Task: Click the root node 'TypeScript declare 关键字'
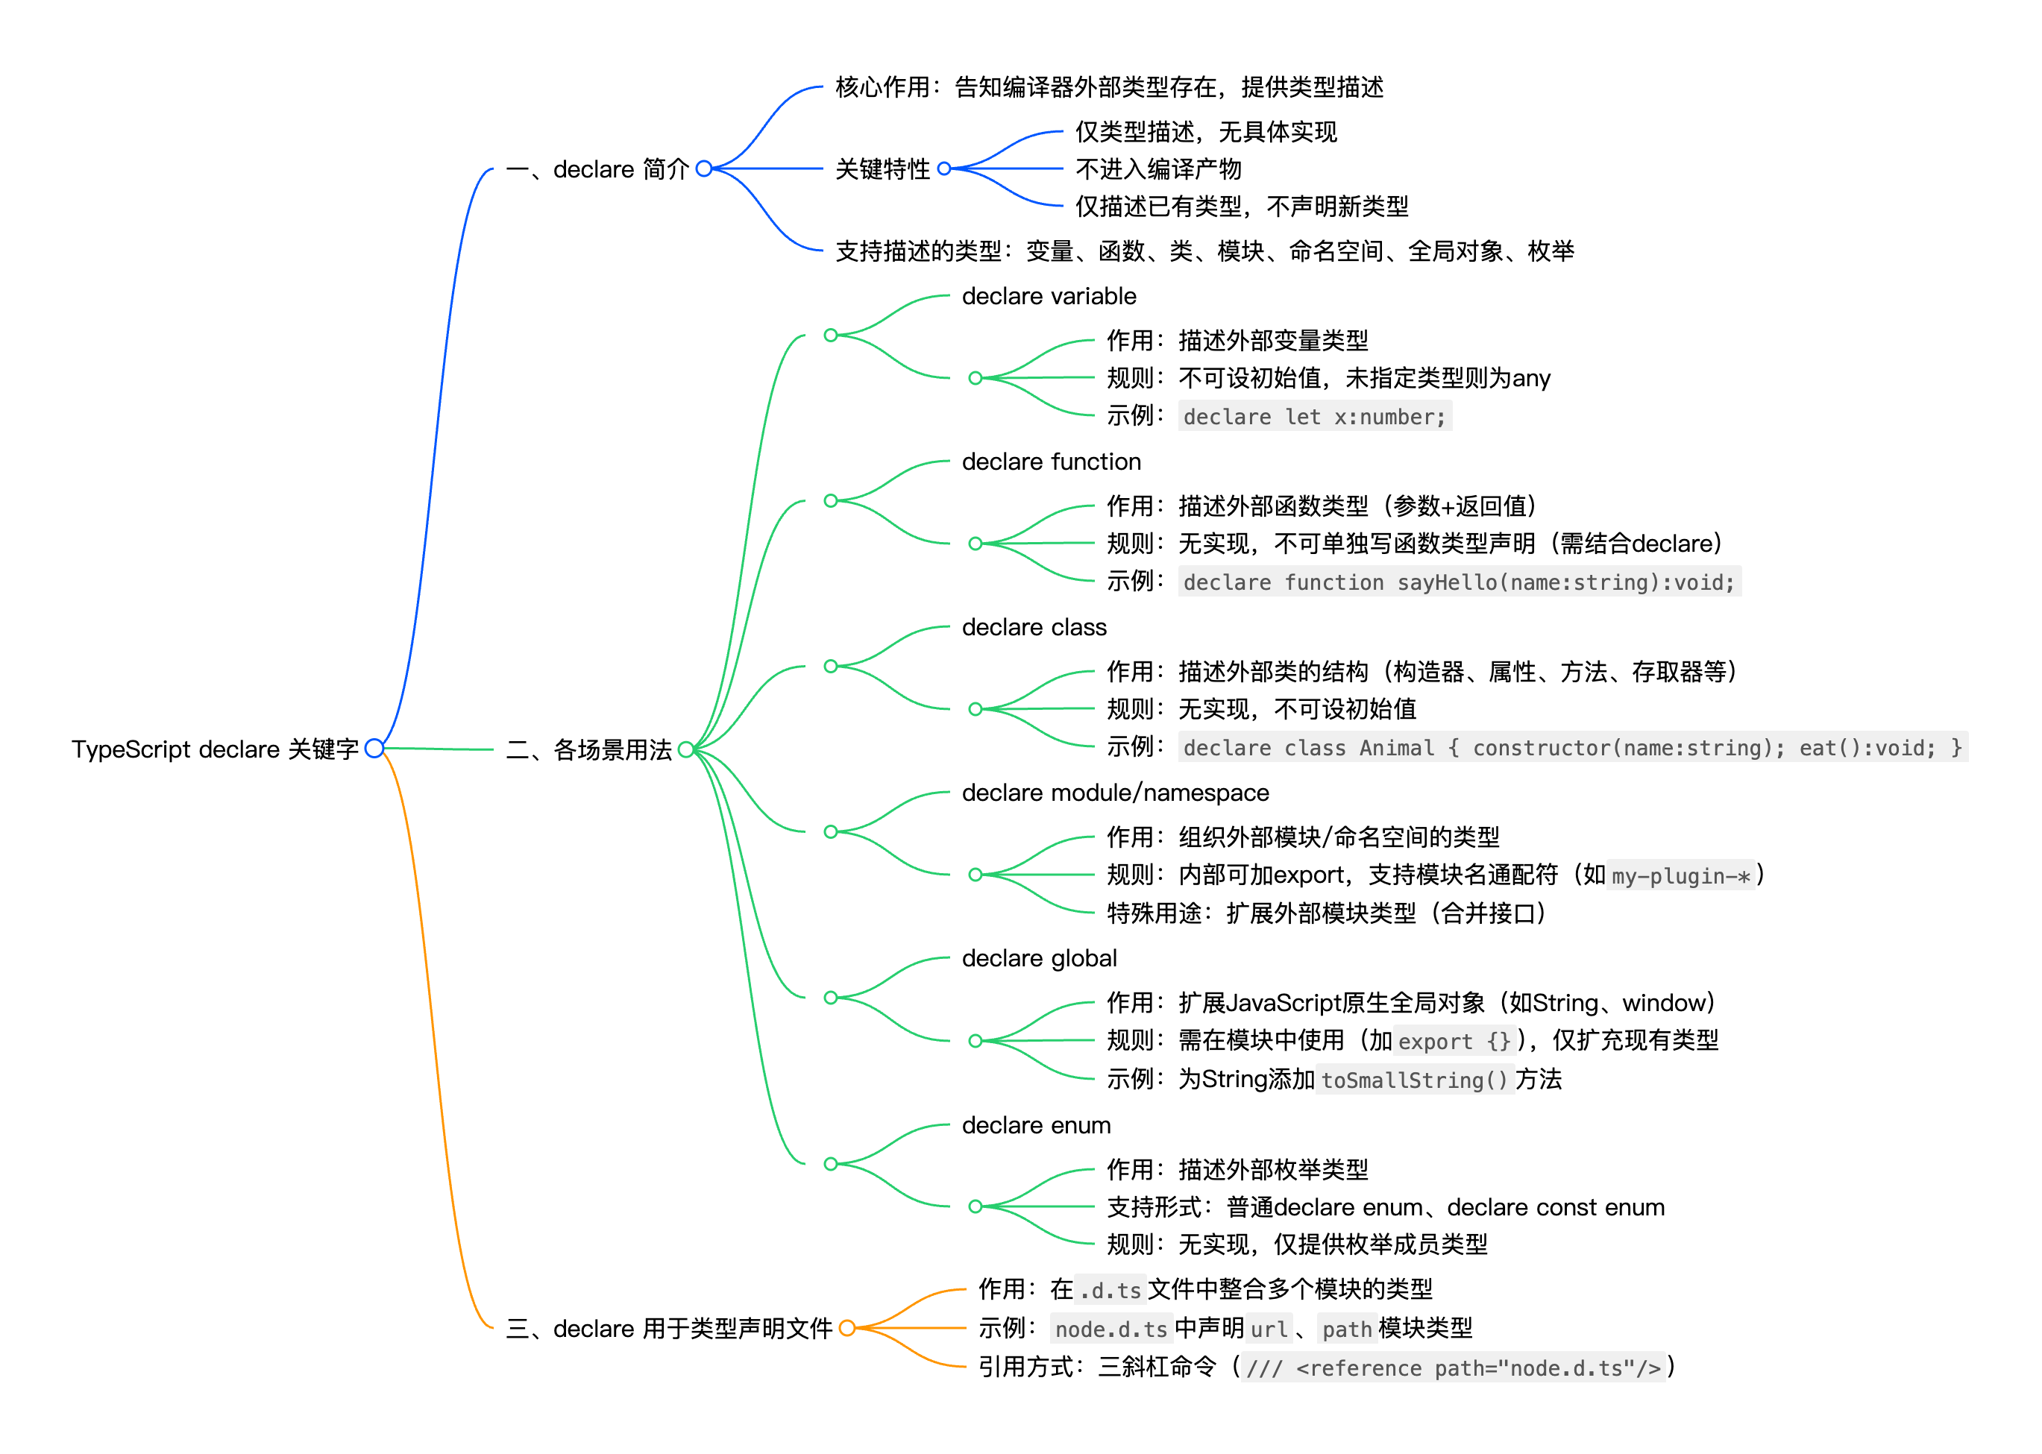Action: [215, 749]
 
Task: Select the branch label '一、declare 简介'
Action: [597, 169]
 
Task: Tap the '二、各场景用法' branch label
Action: [588, 749]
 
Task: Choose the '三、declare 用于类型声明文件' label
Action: [668, 1329]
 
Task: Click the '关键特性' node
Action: [882, 169]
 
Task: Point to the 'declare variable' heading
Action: [1048, 296]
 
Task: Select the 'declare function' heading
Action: [1051, 462]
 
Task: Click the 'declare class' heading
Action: [1034, 628]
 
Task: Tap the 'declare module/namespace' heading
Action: [1115, 793]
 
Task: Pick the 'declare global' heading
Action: [1039, 959]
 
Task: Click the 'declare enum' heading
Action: [1035, 1125]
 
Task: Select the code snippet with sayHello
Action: [1458, 583]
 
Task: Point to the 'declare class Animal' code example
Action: [1572, 749]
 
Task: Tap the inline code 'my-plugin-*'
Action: [1680, 877]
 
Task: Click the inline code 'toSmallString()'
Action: [1414, 1080]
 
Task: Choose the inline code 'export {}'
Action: [1454, 1041]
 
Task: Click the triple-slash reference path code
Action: [1453, 1368]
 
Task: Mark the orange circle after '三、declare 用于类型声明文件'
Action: [847, 1328]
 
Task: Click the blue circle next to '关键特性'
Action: [944, 169]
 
